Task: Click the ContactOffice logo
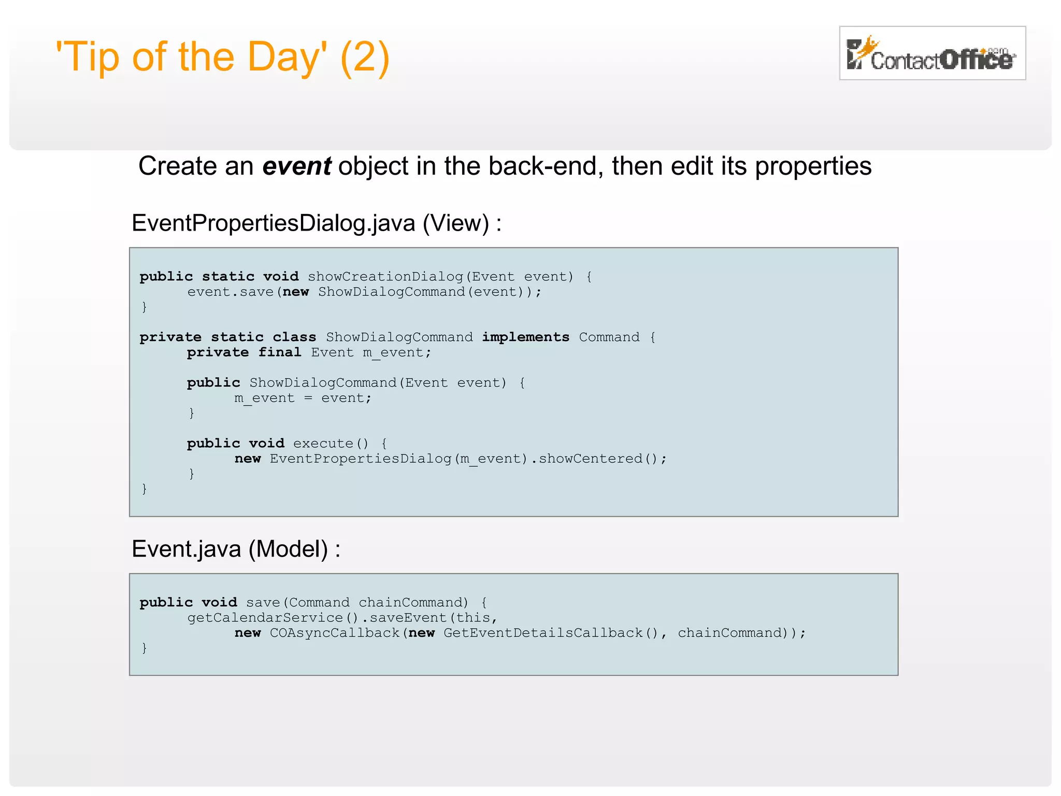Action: (x=931, y=53)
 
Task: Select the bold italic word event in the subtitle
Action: (x=296, y=166)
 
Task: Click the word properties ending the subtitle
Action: (x=813, y=166)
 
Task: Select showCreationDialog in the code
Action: (x=385, y=277)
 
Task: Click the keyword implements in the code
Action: (x=525, y=337)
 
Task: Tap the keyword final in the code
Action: (x=280, y=352)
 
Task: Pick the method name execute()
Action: (x=331, y=444)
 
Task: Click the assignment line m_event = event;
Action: (x=303, y=398)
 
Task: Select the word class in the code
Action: (x=294, y=337)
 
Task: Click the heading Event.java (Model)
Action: (x=236, y=549)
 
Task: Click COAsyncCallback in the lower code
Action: (x=335, y=633)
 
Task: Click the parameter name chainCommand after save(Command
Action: (x=413, y=603)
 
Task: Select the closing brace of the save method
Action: (x=145, y=648)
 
